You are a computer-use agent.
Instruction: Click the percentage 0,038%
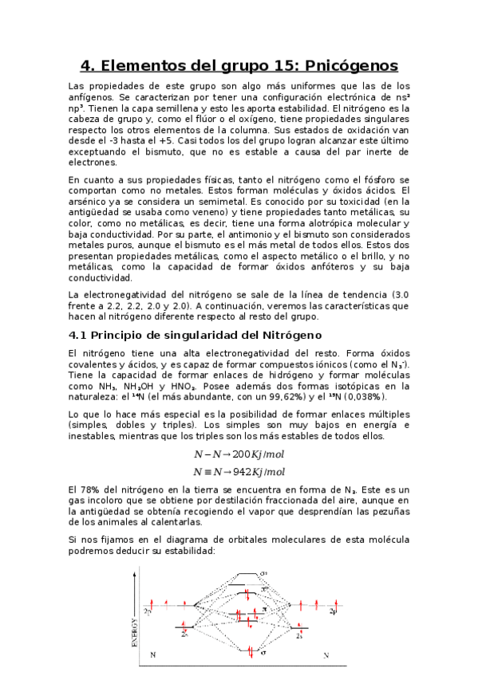(x=364, y=397)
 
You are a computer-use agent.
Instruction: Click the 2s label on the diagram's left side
(x=184, y=635)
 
